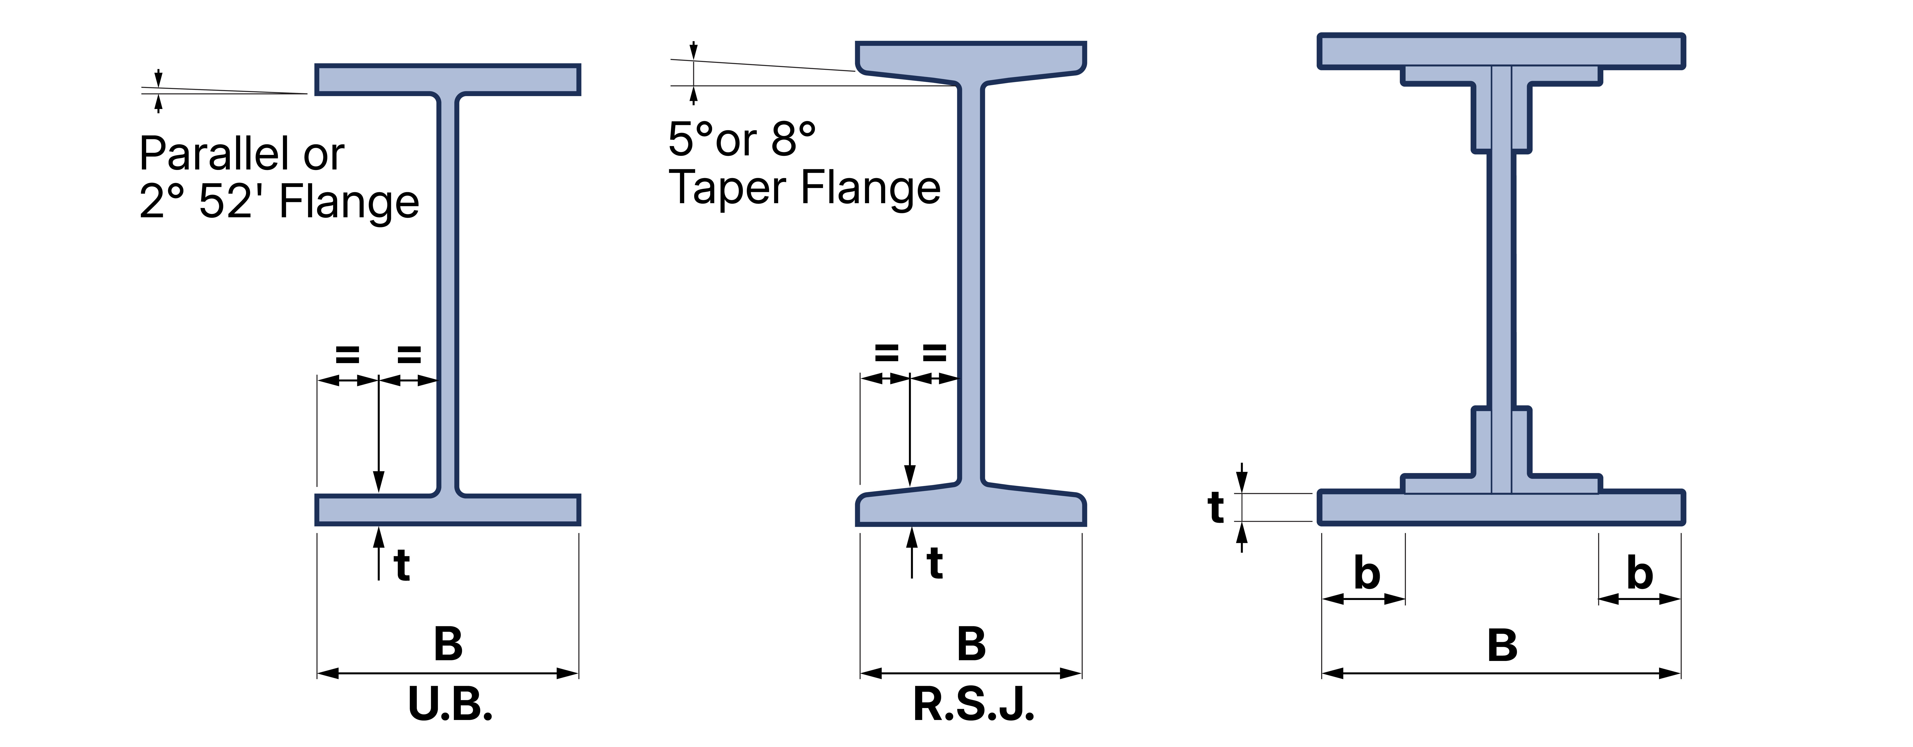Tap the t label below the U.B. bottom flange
pos(402,566)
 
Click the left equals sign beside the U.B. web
pos(347,355)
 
